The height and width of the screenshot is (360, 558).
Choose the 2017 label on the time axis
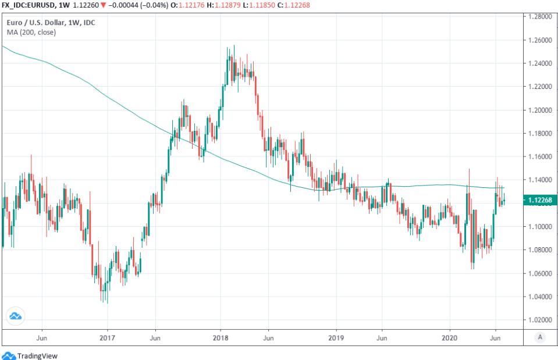coord(106,337)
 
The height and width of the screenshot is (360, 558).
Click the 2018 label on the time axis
coord(220,337)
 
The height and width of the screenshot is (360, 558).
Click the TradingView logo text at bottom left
coord(37,355)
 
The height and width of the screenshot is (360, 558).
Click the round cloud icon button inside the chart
coord(15,316)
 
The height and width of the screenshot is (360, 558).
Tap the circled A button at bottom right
coord(540,337)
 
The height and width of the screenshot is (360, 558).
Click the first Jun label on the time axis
coord(41,337)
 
